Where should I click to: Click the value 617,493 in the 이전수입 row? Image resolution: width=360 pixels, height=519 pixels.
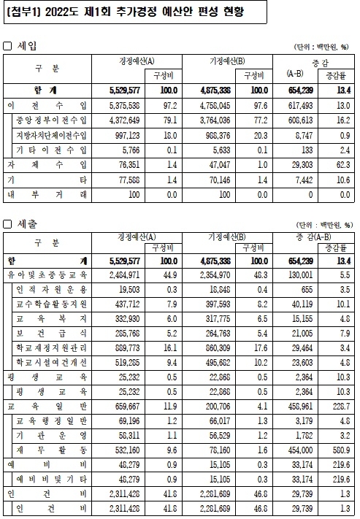pos(296,105)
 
